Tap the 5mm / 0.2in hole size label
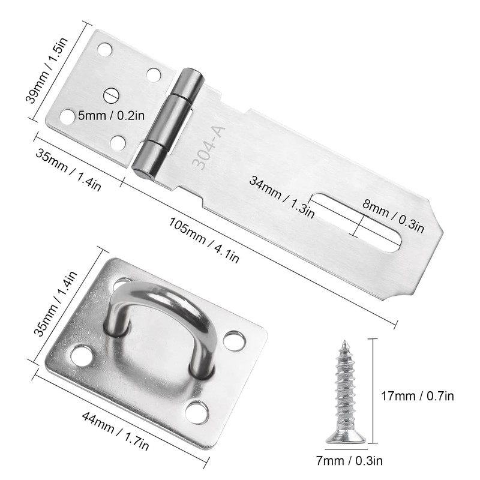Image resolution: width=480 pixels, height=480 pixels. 111,116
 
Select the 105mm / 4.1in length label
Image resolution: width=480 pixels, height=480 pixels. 203,240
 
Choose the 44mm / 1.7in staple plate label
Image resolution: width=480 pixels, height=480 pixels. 115,431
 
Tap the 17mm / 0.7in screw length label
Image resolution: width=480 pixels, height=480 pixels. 417,396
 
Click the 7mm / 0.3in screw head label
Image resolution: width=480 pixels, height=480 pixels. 349,461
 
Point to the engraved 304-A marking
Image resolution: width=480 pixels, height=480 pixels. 209,148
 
